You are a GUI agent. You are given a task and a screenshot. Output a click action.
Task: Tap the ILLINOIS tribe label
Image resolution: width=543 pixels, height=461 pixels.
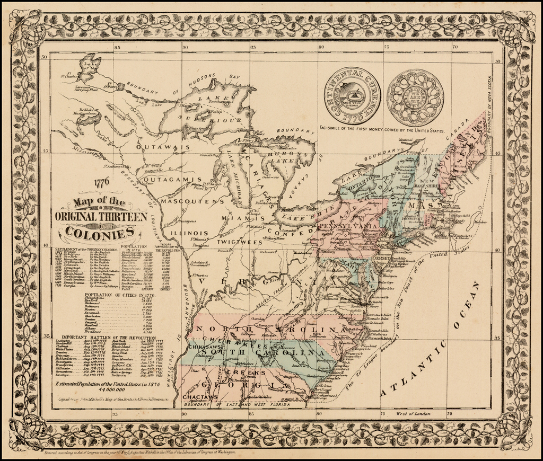point(189,233)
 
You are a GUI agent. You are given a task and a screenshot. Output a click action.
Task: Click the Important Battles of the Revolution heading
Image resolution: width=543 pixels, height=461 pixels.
point(108,338)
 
